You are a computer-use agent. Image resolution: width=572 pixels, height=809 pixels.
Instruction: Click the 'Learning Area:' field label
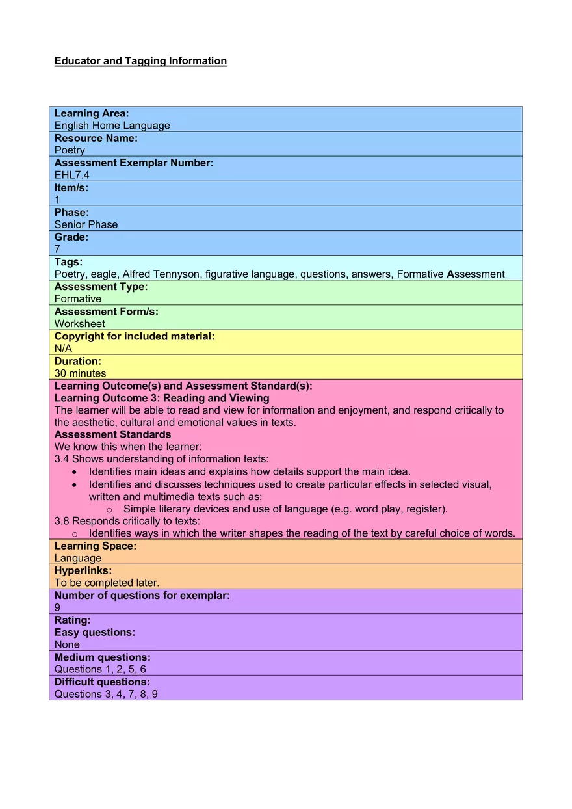coord(92,113)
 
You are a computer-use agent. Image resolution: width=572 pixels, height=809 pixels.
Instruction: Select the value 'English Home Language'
coord(112,126)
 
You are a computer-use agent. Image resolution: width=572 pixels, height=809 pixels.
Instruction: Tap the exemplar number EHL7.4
coord(71,175)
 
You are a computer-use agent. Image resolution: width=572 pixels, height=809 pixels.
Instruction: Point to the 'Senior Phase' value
coord(86,224)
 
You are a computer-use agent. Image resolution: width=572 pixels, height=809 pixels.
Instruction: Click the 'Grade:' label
coord(71,237)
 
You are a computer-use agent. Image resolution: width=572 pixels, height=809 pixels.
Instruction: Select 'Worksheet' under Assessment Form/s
coord(79,324)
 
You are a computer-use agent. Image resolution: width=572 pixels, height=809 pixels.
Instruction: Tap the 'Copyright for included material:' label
coord(134,336)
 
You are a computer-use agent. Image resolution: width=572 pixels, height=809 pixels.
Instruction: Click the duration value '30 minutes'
coord(80,373)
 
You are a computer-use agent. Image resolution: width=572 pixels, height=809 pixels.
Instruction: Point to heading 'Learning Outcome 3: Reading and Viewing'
coord(161,398)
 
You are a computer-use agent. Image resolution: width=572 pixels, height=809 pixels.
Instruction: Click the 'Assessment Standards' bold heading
coord(112,434)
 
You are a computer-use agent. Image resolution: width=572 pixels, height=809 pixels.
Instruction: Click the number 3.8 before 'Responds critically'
coord(62,521)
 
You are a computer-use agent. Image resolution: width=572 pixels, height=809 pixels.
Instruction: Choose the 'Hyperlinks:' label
coord(83,570)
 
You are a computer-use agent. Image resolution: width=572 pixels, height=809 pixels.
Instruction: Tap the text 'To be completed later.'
coord(107,583)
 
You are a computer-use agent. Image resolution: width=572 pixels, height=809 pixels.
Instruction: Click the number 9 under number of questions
coord(57,607)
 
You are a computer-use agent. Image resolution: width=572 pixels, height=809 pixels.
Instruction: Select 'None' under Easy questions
coord(67,644)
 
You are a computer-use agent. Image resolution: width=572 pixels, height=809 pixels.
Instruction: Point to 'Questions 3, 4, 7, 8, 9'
coord(106,694)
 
